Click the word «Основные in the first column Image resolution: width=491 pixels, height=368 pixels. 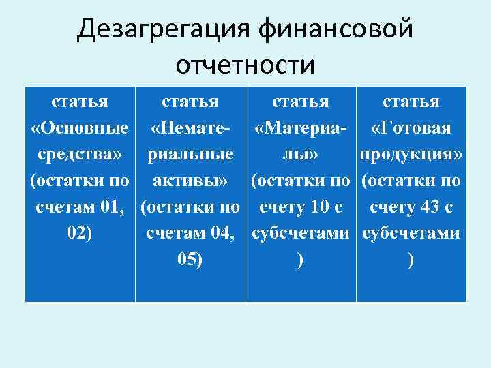click(80, 128)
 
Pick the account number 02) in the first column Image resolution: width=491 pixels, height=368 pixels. click(80, 232)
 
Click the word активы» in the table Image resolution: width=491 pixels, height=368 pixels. click(190, 181)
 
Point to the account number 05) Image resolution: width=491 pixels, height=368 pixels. click(190, 259)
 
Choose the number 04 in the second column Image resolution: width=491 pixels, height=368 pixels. click(221, 232)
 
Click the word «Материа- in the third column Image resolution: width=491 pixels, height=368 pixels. click(300, 128)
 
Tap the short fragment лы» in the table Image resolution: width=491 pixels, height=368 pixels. click(300, 154)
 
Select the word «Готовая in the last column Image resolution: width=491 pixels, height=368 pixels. click(411, 128)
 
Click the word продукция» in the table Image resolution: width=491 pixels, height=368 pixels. click(411, 154)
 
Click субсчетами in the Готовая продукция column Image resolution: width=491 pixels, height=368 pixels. click(411, 232)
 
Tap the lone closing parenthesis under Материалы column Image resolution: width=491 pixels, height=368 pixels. click(300, 259)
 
